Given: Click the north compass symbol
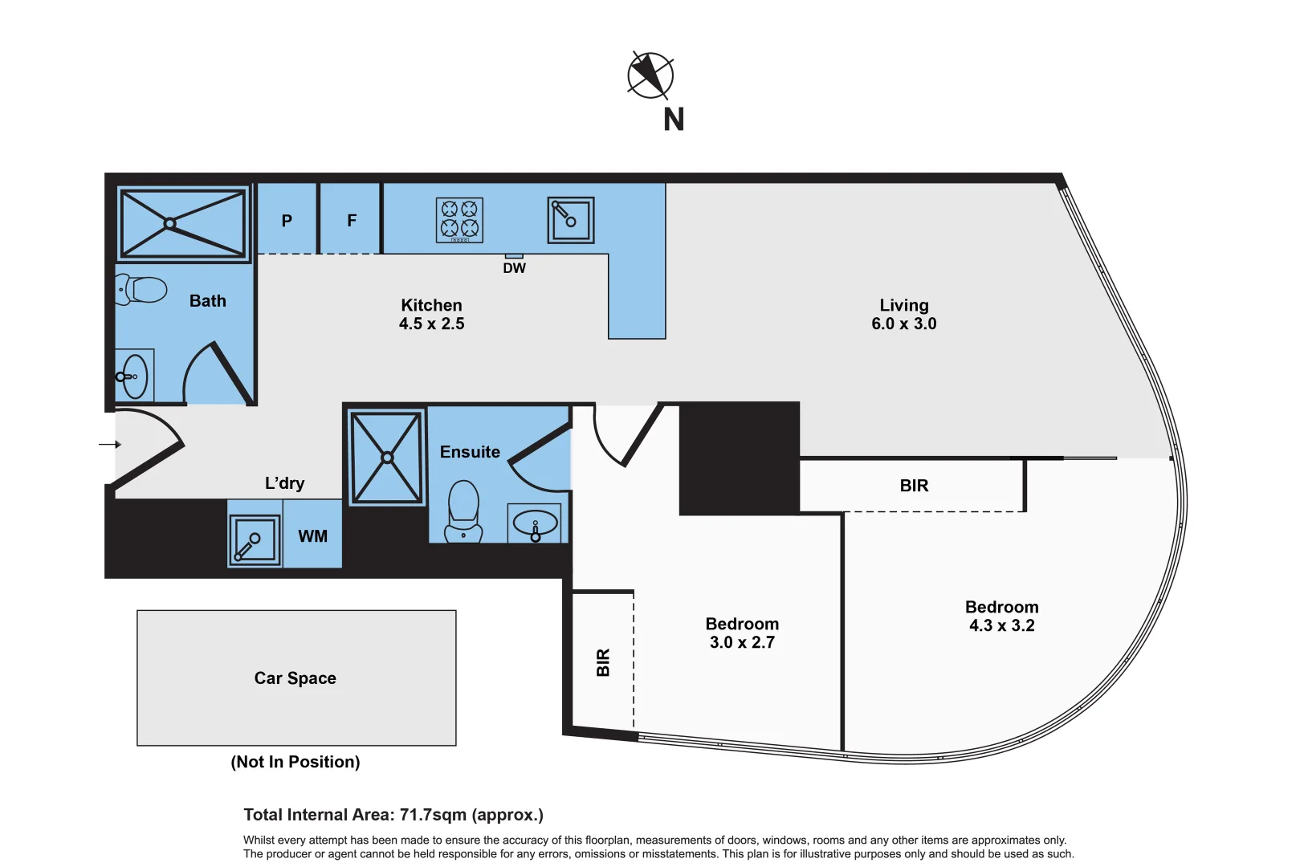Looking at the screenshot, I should (x=650, y=76).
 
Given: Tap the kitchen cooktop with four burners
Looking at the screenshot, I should (x=459, y=219).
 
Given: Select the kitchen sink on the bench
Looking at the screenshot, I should (x=571, y=220).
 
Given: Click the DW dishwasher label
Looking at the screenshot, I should (x=514, y=268).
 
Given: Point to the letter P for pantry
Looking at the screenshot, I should (x=287, y=221).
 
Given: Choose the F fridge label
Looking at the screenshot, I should (x=352, y=221).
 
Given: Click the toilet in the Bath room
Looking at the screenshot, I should (x=142, y=290).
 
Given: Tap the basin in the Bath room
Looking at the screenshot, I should (x=134, y=376).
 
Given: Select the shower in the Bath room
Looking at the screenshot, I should (x=183, y=223).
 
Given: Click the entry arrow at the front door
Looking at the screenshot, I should (x=110, y=444).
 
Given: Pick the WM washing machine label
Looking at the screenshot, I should (x=312, y=536).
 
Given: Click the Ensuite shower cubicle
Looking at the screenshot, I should (x=386, y=458).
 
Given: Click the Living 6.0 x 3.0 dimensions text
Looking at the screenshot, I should (x=903, y=324).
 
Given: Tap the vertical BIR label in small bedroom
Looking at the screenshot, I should (x=603, y=662).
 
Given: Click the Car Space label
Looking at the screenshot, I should (x=295, y=678).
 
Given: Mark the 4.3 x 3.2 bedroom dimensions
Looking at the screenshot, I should (x=1001, y=625).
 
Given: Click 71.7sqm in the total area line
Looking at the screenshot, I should (x=433, y=815).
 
